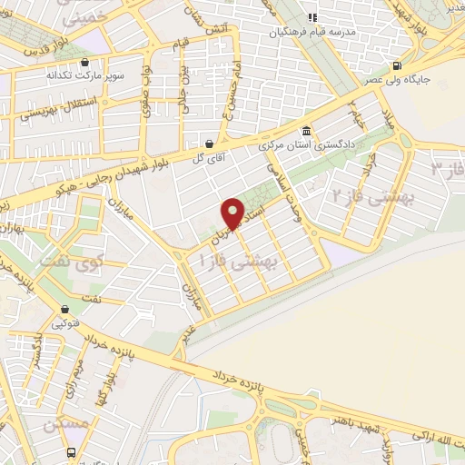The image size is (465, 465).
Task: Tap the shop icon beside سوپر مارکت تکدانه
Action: click(84, 63)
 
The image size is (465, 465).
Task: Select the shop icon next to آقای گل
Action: click(210, 143)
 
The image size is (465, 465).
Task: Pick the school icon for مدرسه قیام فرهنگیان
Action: click(312, 17)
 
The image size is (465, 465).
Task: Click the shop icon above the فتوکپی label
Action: click(64, 309)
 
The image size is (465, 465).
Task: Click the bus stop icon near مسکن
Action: click(70, 452)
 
